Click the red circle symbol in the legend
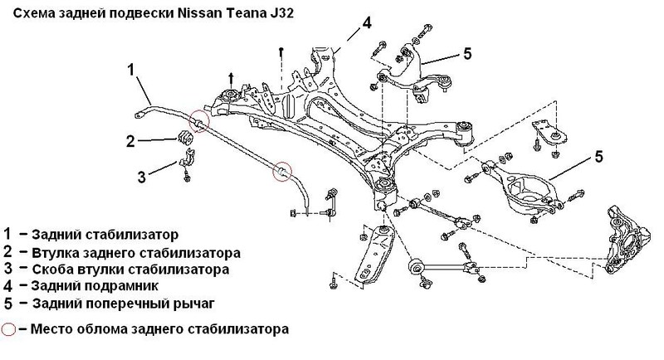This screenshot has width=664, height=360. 9,328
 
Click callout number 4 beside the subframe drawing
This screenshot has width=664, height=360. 364,22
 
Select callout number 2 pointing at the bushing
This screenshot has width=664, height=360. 130,141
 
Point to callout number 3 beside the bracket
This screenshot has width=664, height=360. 141,175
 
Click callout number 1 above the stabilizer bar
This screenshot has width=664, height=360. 131,70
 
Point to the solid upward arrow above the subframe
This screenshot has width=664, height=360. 231,79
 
